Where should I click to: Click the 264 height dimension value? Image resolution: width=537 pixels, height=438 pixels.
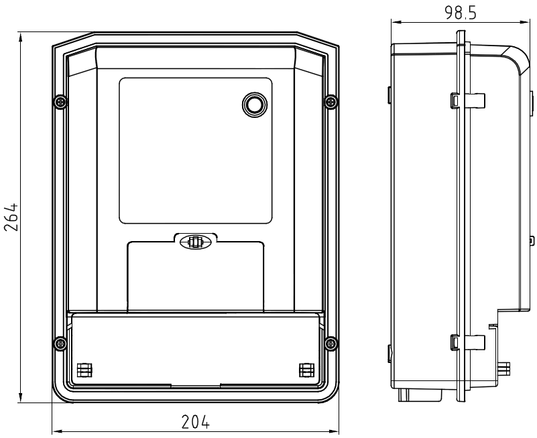[x=11, y=217]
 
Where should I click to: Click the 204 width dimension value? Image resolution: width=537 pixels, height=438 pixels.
[x=195, y=422]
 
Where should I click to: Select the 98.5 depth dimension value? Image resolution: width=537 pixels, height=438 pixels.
[x=461, y=13]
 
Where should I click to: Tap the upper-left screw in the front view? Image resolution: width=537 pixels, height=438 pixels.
[x=60, y=102]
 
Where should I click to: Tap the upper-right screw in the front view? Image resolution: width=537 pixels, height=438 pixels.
[x=331, y=102]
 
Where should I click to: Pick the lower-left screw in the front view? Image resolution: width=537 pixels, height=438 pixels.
[x=60, y=342]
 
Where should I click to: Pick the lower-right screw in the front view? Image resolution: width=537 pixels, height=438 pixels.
[x=331, y=342]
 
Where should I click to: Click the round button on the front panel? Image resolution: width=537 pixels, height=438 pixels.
[x=255, y=104]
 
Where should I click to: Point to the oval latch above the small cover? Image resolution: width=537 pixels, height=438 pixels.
[x=196, y=242]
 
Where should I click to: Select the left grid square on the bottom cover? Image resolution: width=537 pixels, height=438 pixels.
[x=85, y=370]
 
